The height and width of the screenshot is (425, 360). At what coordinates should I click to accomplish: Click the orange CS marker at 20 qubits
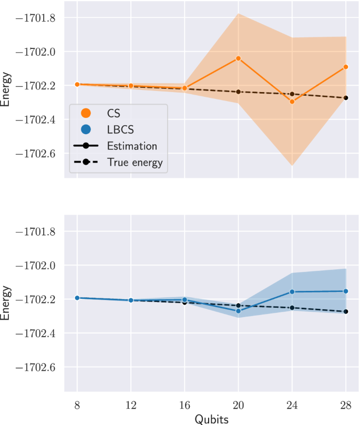click(238, 58)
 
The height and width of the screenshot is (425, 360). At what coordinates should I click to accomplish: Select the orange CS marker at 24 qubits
click(292, 102)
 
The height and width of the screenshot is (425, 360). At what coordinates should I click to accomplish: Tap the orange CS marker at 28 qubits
click(346, 67)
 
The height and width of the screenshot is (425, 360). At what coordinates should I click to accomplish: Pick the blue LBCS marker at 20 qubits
click(238, 311)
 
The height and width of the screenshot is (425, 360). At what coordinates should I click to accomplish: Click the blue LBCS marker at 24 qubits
click(292, 291)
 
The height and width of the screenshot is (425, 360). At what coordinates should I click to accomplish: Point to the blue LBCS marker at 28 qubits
click(346, 291)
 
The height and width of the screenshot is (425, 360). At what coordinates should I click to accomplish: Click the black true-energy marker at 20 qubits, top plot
click(238, 92)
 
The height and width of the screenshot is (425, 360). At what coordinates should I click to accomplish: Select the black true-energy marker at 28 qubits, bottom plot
click(346, 311)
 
